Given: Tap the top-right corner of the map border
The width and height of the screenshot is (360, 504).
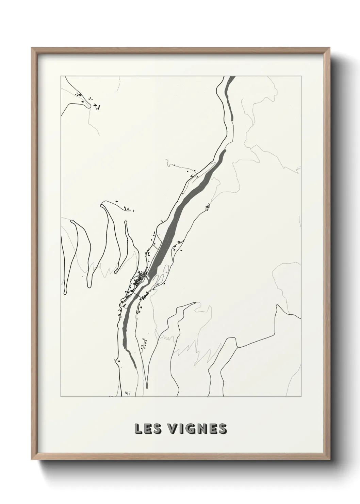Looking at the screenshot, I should [x=301, y=76].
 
